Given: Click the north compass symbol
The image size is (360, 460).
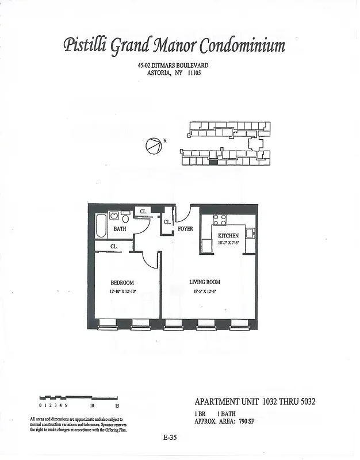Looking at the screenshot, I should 152,146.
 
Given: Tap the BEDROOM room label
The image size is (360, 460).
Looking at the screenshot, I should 122,282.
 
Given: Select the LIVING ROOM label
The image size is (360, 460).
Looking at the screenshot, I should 205,282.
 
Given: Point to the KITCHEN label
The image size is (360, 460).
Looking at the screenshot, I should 228,236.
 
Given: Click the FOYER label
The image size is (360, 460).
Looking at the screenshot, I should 185,229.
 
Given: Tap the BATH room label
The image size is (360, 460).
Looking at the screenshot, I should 120,229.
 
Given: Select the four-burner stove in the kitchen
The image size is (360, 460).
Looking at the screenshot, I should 220,220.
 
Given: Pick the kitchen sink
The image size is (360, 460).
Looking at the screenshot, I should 251,233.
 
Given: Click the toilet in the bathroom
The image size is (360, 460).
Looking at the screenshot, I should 125,218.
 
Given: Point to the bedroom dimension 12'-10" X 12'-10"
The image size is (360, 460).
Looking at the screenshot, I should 122,292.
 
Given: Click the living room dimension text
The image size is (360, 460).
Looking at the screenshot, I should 205,292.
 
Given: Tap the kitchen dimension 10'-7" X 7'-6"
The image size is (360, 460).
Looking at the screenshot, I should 228,243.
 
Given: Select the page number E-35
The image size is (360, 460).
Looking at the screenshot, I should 170,438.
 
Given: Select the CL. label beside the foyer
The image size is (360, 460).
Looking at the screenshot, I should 167,222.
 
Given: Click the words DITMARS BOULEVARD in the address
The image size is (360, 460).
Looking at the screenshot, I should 181,66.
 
